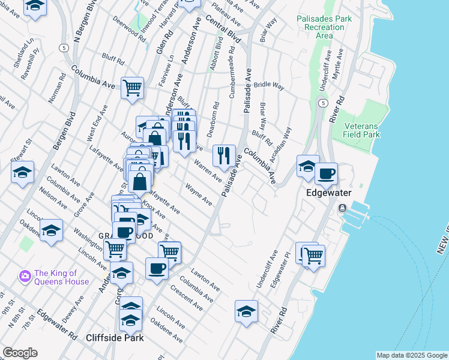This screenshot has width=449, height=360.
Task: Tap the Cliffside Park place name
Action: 115,338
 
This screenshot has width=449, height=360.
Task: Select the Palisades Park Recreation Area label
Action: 324,28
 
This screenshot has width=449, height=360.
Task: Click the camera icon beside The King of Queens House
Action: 25,276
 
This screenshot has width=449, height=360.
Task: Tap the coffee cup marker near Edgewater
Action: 326,173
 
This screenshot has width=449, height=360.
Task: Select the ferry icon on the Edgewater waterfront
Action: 342,208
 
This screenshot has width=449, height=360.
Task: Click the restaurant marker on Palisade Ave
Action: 224,155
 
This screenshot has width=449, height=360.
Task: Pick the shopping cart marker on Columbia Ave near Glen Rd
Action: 132,88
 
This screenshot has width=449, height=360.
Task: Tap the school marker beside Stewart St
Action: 22,172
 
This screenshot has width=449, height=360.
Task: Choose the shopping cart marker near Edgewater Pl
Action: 313,255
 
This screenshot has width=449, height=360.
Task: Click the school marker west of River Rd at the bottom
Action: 246,311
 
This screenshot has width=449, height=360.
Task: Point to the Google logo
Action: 20,353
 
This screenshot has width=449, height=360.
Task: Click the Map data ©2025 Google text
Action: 411,355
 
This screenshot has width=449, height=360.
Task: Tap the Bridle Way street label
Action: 268,86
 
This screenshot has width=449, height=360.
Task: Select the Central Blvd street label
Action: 223,28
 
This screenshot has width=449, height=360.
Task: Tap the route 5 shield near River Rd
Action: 323,103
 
